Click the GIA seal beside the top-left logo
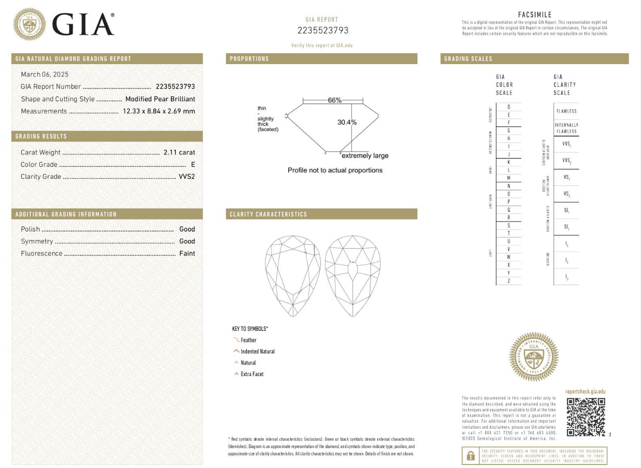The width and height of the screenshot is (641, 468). (29, 24)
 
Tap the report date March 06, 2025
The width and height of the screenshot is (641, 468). (45, 74)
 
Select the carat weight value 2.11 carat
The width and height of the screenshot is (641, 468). (179, 153)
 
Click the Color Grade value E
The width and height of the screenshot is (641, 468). (193, 164)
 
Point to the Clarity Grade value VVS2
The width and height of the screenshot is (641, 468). (187, 176)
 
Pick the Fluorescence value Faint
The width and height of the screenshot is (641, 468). (187, 253)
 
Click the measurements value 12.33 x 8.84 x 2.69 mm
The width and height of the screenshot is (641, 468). (159, 111)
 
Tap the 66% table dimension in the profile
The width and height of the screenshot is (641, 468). (334, 100)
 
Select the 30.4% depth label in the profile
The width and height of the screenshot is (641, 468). (347, 122)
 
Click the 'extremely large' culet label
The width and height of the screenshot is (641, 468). (365, 156)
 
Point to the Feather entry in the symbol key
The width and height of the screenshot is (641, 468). (248, 340)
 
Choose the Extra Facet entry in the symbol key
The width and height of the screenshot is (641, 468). (252, 374)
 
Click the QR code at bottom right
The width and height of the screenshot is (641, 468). (586, 417)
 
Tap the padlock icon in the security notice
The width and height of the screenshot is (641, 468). (470, 456)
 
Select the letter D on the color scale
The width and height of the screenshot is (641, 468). (508, 107)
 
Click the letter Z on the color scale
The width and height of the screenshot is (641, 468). (508, 281)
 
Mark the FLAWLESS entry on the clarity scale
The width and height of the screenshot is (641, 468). (566, 111)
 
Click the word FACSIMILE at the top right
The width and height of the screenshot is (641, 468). (535, 15)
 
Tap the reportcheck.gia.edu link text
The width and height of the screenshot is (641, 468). (585, 391)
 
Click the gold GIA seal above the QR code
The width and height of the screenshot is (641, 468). (534, 357)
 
